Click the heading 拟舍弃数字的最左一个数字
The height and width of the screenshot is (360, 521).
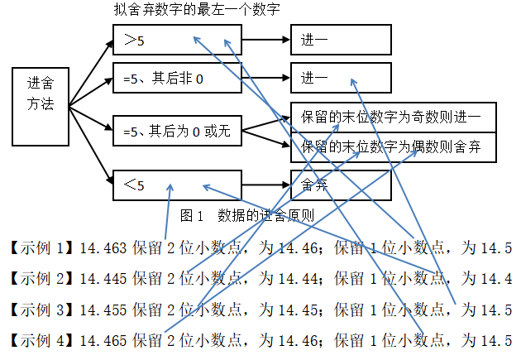(x=196, y=11)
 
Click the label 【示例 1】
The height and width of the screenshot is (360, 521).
(x=42, y=247)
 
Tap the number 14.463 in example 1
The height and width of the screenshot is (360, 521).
(x=104, y=247)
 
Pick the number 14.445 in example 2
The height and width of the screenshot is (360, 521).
(x=104, y=277)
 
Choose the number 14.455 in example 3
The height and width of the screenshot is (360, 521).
(x=104, y=308)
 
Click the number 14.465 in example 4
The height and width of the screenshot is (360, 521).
(x=104, y=338)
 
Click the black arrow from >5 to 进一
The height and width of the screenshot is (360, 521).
(x=266, y=38)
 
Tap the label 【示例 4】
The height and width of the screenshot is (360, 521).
(x=42, y=338)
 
